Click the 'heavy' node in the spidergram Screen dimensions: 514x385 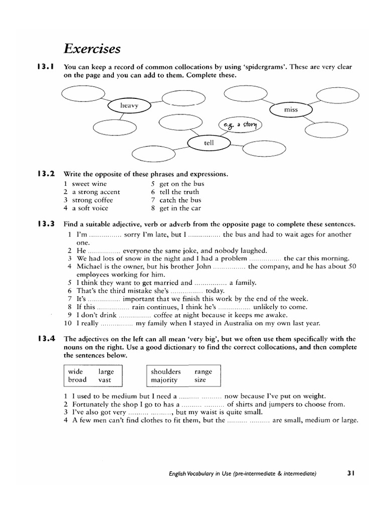(x=129, y=105)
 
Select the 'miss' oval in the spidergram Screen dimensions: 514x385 (x=291, y=109)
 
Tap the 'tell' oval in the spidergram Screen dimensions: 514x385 (x=209, y=143)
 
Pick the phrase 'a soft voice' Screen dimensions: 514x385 (x=90, y=208)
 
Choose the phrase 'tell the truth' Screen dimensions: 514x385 (x=179, y=192)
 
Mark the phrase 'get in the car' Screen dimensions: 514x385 (x=180, y=208)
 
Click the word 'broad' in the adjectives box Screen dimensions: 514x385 (x=77, y=380)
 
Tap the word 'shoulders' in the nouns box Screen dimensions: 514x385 (x=166, y=372)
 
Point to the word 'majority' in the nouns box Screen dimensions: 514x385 (x=164, y=380)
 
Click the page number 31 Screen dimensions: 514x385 (x=350, y=472)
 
